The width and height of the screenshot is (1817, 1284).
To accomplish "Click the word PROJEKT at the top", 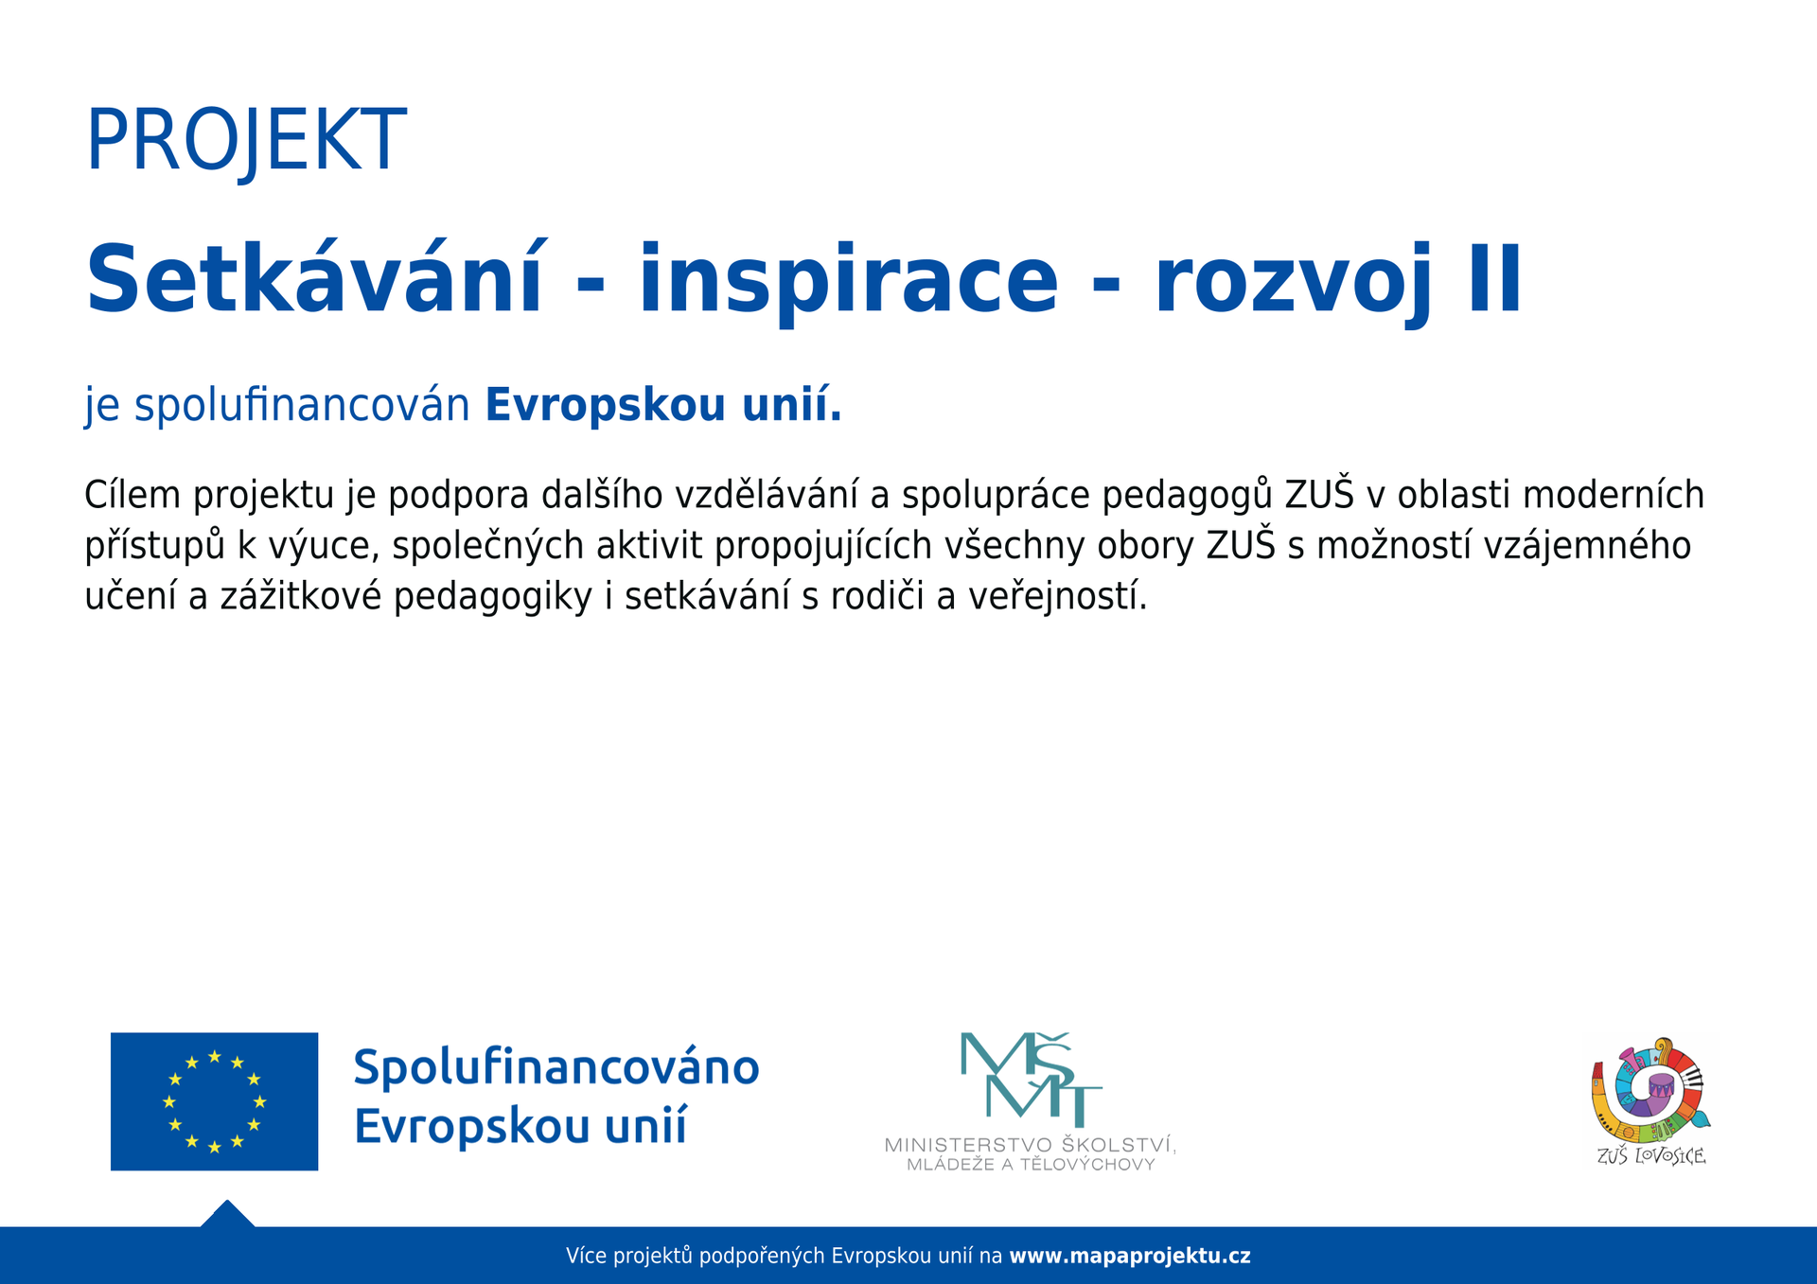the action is [x=246, y=141].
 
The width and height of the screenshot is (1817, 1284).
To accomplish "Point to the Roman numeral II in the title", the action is [x=1495, y=279].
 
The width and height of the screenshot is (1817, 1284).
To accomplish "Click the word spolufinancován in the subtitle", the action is [x=302, y=405].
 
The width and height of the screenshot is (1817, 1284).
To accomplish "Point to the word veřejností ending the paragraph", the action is [x=1057, y=597].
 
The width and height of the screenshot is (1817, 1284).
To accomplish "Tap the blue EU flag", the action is [x=214, y=1101].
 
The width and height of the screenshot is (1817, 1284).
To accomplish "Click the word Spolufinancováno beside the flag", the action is [x=556, y=1068].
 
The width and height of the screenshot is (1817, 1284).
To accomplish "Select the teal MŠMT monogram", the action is [x=1031, y=1079].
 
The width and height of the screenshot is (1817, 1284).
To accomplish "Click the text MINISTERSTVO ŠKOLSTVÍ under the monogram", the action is [x=1031, y=1145].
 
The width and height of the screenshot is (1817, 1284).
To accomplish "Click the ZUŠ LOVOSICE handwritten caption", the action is [x=1651, y=1155].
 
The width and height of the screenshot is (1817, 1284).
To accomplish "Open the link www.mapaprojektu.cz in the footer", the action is [x=1130, y=1257].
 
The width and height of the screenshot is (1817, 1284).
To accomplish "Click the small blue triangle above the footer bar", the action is [x=227, y=1214].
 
